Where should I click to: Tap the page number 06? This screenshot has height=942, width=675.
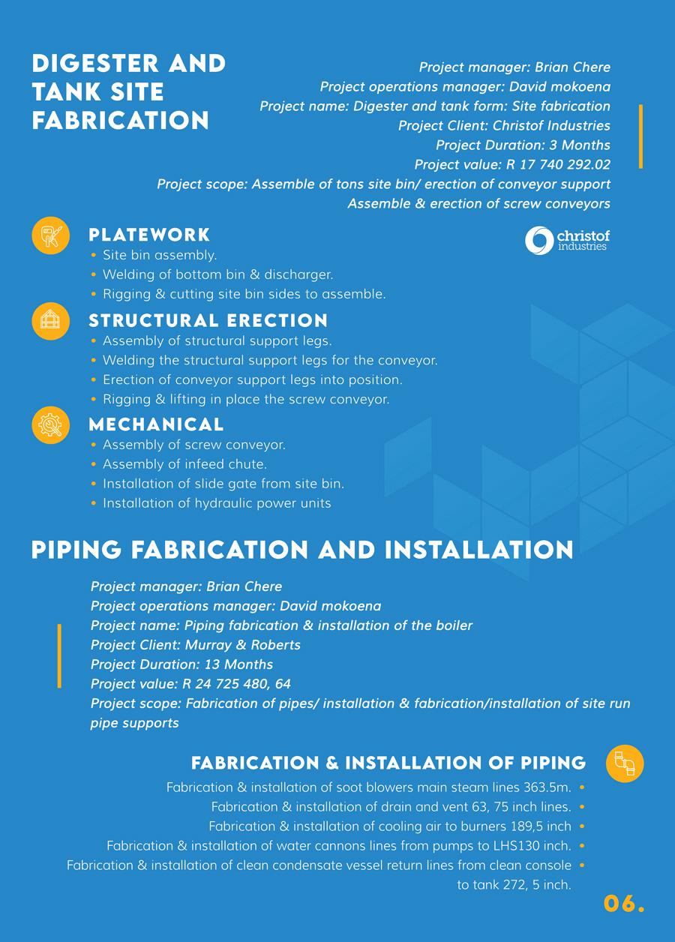624,903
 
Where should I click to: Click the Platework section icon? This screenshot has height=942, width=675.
50,235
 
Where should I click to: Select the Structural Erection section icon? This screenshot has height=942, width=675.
50,320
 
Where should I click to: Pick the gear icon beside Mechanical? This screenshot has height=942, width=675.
50,424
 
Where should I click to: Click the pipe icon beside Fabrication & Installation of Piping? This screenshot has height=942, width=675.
625,763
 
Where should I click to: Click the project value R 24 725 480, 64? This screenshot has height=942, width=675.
236,684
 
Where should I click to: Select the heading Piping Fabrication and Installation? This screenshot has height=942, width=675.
302,550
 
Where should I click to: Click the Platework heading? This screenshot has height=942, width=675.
149,235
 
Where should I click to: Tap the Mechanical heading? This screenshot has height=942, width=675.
156,424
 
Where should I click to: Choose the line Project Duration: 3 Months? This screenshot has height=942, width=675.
523,145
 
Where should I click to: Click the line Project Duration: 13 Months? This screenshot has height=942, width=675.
181,664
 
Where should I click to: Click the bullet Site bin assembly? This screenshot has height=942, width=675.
160,255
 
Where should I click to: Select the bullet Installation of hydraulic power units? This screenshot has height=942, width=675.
217,503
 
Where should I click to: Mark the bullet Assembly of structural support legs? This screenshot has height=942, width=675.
217,340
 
